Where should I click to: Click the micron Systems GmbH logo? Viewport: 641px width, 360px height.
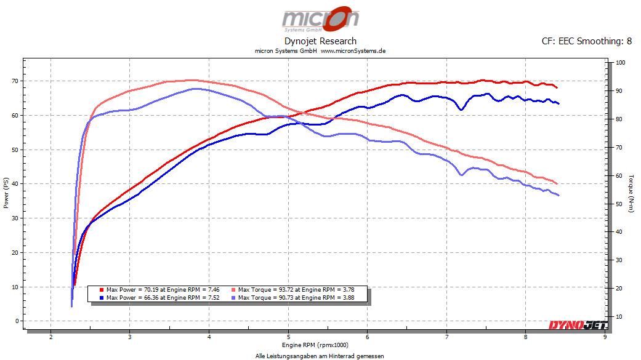tap(320, 19)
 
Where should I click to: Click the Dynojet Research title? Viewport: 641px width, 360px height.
tap(320, 41)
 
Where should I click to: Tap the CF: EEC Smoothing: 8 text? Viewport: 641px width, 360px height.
tap(586, 41)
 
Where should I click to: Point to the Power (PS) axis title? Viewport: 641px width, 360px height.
tap(6, 193)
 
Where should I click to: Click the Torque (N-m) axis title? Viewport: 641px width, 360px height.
tap(632, 193)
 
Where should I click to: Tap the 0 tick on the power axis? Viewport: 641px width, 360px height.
tap(18, 321)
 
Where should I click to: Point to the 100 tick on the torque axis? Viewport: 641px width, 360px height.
tap(620, 63)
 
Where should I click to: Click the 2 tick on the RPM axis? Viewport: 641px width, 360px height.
tap(50, 337)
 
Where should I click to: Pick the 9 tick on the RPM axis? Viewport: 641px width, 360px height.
tap(605, 337)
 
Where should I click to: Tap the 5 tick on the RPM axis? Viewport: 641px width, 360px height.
tap(288, 337)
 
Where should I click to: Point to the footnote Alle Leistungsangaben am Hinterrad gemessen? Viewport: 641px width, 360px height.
tap(320, 356)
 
